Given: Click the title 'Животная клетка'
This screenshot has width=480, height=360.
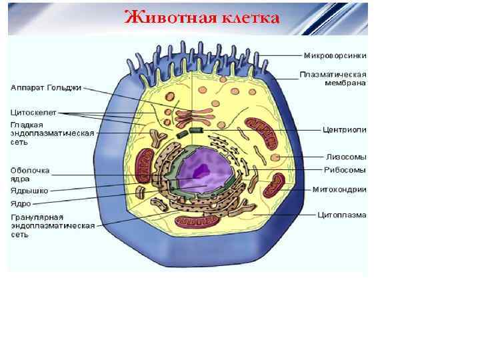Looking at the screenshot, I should coord(201,16).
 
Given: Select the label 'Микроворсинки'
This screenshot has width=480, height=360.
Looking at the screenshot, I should coord(335,55).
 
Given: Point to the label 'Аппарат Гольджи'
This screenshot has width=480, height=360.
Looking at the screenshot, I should coord(46,87).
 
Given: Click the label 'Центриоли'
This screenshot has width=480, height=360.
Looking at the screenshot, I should coord(344,129).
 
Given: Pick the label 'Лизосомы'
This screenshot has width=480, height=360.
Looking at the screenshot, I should coord(345,157).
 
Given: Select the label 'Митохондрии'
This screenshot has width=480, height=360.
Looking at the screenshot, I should coord(339,189).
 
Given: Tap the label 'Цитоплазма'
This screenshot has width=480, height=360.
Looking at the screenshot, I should coord(342,215).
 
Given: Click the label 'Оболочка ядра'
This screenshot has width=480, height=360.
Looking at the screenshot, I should coord(30,175).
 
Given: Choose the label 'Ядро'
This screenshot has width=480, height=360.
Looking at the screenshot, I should coord(21,204).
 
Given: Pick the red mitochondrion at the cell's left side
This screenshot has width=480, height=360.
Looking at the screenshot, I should coord(145,164).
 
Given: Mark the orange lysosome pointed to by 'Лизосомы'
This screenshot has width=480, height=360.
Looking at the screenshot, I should coord(275,159).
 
